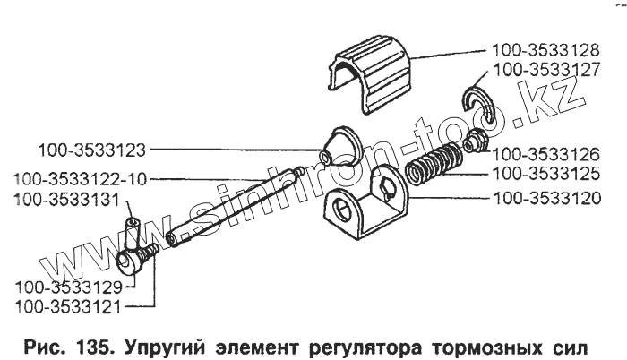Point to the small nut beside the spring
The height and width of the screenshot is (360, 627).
pyautogui.click(x=474, y=140)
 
